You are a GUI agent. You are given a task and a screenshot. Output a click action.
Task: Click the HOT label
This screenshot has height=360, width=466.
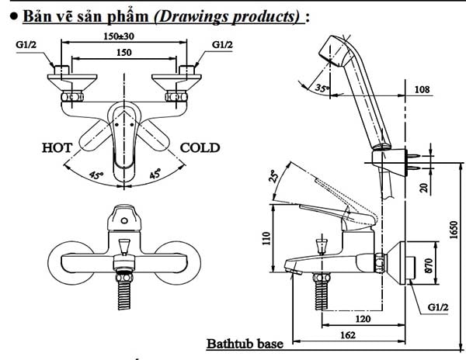(58, 147)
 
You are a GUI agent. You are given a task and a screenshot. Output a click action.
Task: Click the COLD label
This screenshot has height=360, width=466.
(200, 147)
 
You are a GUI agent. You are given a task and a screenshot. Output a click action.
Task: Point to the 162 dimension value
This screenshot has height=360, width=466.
(347, 335)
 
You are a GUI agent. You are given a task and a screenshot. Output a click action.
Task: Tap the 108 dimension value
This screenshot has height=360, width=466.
(423, 90)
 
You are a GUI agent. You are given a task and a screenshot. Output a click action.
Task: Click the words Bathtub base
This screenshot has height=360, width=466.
(244, 343)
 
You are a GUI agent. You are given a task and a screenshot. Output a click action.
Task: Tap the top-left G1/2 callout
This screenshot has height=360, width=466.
(26, 45)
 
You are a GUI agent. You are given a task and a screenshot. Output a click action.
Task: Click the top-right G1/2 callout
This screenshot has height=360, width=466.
(223, 45)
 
